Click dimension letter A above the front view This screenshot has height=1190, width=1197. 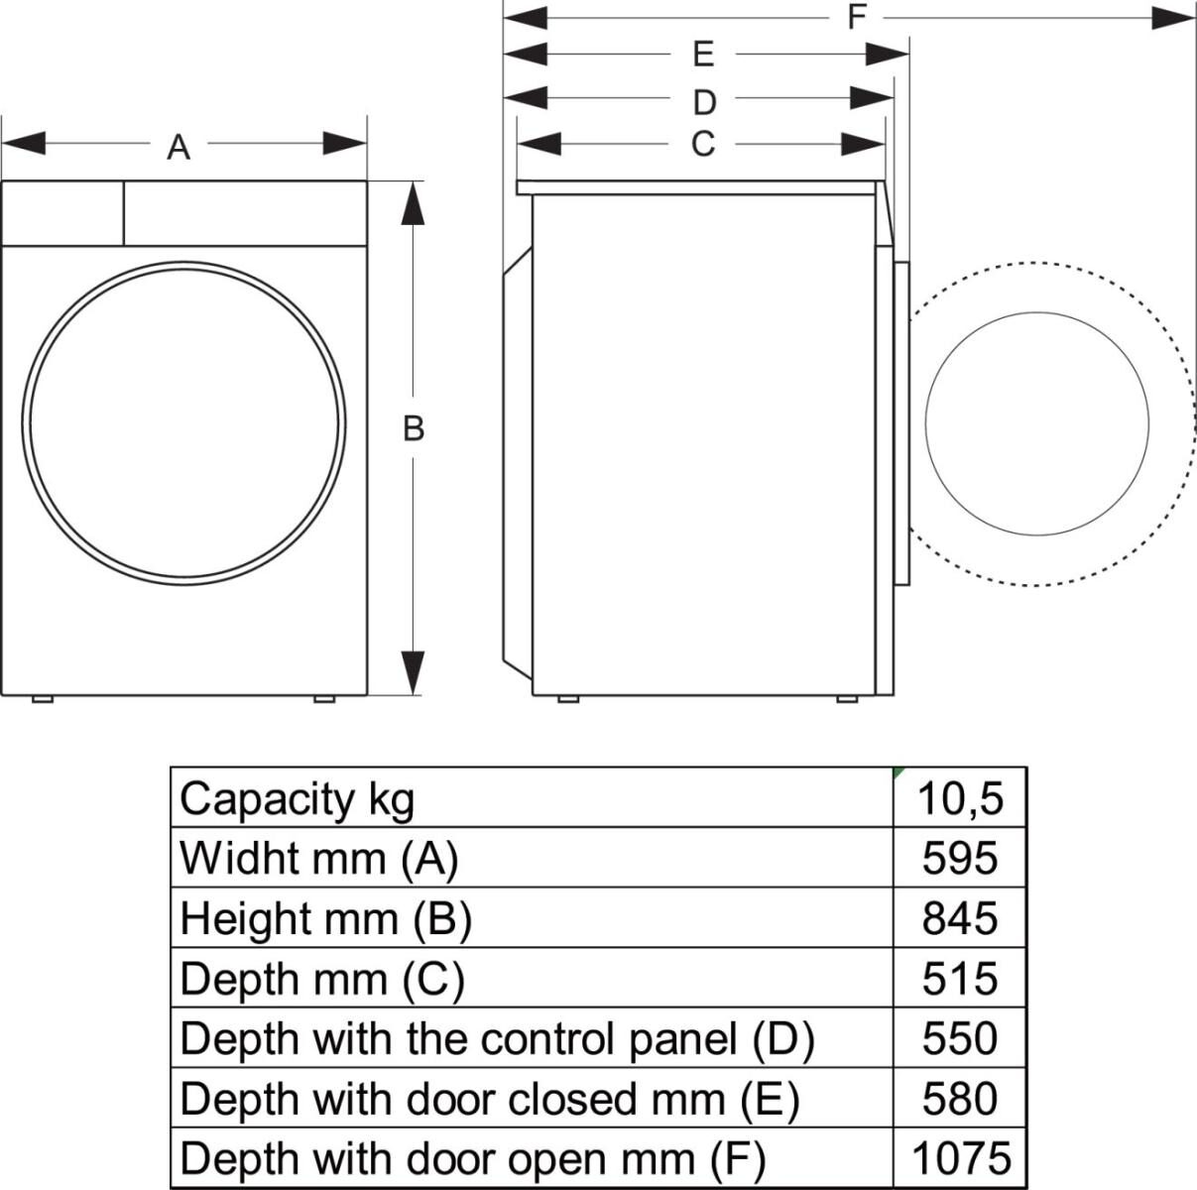(179, 148)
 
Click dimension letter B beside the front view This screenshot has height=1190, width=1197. (414, 428)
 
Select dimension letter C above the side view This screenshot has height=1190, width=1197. (702, 145)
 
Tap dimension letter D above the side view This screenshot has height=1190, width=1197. (703, 102)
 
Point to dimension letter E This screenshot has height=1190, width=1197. (703, 54)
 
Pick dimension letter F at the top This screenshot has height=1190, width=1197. (857, 17)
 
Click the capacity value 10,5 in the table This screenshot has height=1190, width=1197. (960, 797)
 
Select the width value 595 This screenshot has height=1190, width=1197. (960, 858)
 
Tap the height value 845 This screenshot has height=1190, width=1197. (960, 918)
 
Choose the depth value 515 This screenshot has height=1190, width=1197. (960, 979)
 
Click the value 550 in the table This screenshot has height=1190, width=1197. (960, 1038)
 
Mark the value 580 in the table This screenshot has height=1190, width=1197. (960, 1099)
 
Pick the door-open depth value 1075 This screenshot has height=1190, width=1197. (960, 1158)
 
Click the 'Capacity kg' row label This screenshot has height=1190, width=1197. (298, 798)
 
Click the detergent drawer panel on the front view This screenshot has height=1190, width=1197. (62, 212)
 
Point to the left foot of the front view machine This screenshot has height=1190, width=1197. (42, 699)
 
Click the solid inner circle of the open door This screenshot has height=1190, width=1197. (1037, 423)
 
